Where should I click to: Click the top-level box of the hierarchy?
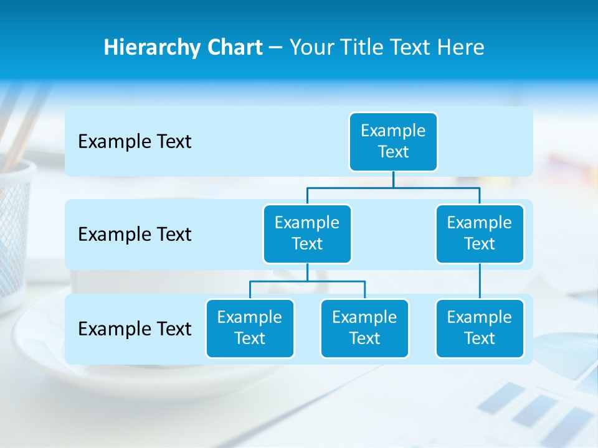(393, 142)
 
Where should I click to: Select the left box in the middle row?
(307, 234)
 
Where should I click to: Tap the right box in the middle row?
(480, 234)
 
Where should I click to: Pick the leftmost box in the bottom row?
(250, 329)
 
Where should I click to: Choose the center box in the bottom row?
(364, 329)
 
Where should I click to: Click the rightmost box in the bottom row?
(480, 329)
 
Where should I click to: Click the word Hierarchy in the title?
(149, 48)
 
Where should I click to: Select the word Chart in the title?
(233, 48)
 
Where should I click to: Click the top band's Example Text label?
(135, 142)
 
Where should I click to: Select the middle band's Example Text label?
(135, 235)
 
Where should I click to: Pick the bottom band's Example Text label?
(135, 329)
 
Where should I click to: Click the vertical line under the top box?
(393, 179)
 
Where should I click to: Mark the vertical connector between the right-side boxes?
(480, 281)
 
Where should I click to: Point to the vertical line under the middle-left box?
(307, 273)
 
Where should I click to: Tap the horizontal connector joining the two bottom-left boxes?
(280, 282)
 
